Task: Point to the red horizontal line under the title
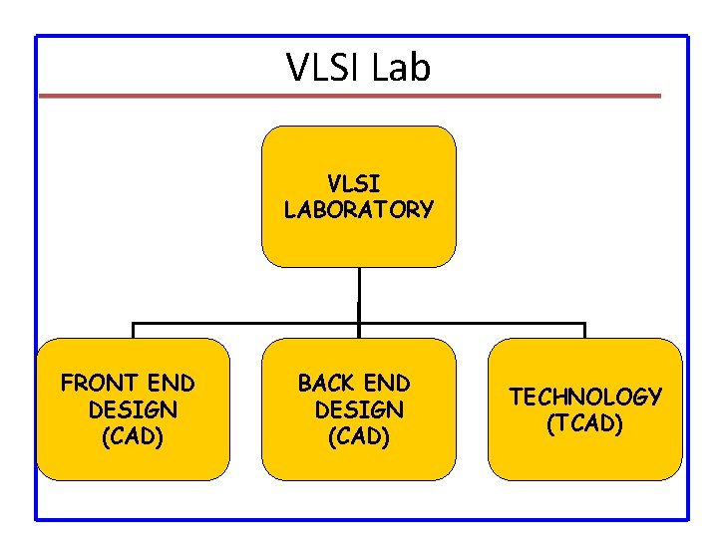click(349, 96)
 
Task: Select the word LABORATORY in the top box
click(359, 209)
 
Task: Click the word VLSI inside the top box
click(353, 184)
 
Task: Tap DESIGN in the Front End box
click(133, 409)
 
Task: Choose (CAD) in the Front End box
click(133, 435)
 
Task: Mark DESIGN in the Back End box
click(359, 409)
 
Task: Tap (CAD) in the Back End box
click(359, 435)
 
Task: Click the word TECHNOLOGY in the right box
click(585, 397)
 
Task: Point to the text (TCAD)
click(585, 423)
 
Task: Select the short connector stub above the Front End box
click(134, 331)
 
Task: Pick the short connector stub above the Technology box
click(585, 331)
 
